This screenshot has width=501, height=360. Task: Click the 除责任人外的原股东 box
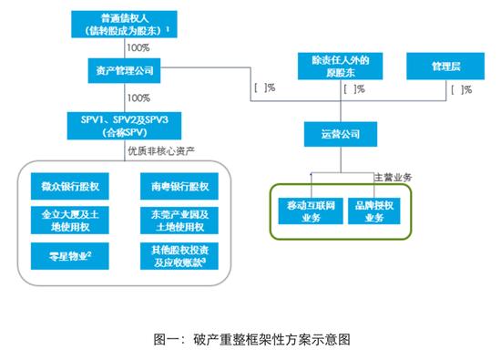[x=339, y=66]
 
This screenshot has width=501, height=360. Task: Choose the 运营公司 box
[x=339, y=136]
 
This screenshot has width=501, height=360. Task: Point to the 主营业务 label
[x=394, y=176]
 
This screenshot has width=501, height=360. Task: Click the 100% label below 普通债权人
[x=139, y=47]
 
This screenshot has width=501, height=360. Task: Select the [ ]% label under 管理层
[x=461, y=89]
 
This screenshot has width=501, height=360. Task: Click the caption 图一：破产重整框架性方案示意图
[x=251, y=338]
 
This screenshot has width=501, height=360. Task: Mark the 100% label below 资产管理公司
[x=139, y=97]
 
